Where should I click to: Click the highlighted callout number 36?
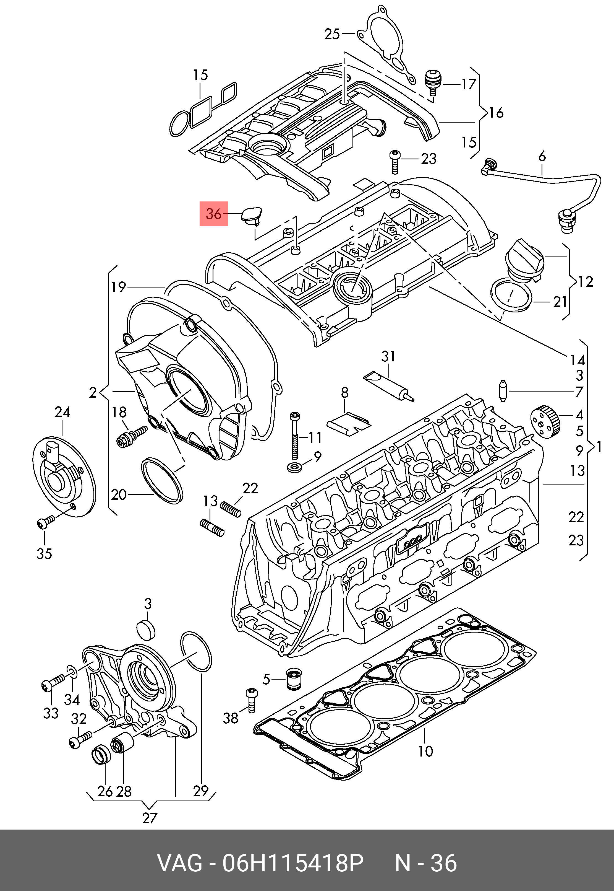(213, 214)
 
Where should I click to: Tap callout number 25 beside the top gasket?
(332, 34)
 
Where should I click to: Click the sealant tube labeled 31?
(389, 387)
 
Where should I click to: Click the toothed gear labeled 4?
(545, 422)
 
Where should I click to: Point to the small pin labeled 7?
(503, 391)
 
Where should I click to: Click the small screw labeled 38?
(252, 701)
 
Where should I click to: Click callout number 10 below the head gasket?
(425, 751)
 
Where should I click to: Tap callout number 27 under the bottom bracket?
(150, 818)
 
